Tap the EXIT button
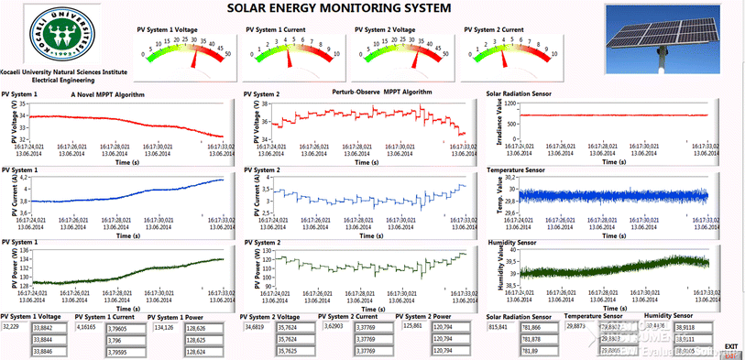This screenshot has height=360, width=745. [x=730, y=346]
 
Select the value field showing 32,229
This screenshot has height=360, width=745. [x=15, y=325]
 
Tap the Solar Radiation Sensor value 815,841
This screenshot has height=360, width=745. [x=499, y=325]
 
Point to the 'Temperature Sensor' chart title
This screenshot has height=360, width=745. [x=517, y=169]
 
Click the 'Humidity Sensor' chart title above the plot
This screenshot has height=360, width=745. [x=512, y=243]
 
